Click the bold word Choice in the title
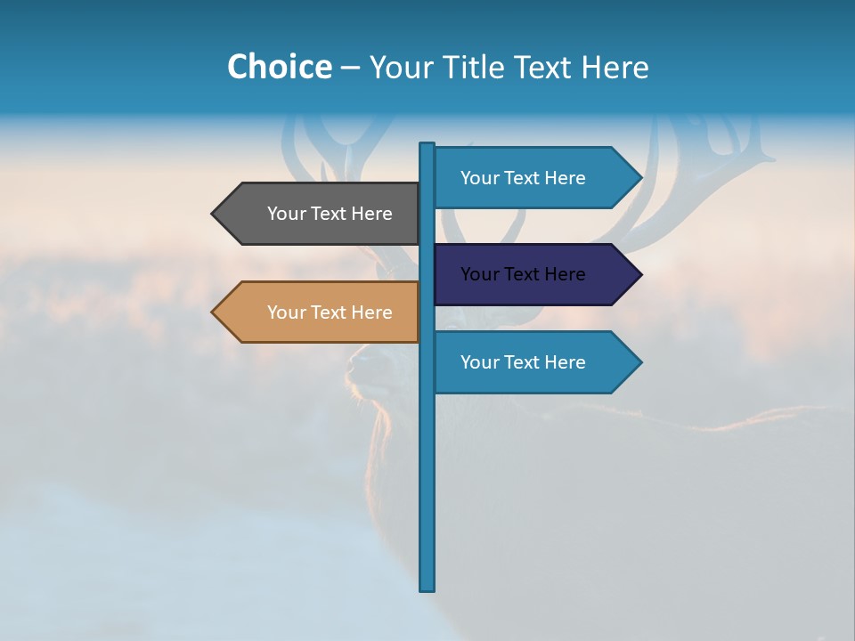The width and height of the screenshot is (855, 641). click(x=279, y=67)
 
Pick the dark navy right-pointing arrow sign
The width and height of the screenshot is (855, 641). click(x=525, y=274)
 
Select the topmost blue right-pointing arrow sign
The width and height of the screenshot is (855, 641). click(x=525, y=178)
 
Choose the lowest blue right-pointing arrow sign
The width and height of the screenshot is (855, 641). click(x=525, y=362)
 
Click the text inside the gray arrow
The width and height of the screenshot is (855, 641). click(x=330, y=214)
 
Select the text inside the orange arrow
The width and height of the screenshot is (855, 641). click(x=330, y=312)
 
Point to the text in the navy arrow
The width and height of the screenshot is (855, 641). click(x=523, y=274)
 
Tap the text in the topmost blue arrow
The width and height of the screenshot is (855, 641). click(x=523, y=178)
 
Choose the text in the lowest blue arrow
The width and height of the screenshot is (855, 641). click(x=523, y=362)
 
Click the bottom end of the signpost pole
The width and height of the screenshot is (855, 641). click(x=427, y=587)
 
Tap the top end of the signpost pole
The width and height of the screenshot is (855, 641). click(x=427, y=146)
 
